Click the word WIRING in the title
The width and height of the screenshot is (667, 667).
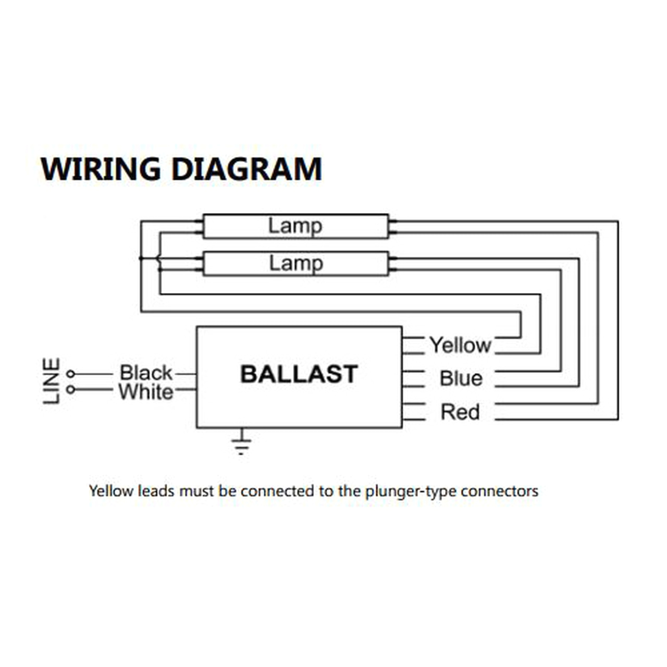point(101,169)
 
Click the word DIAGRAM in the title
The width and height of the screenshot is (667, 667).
point(246,169)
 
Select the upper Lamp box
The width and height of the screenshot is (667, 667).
point(295,226)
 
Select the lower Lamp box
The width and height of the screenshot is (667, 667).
point(295,264)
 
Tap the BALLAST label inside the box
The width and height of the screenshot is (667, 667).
point(299,374)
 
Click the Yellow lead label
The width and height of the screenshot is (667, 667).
point(460,345)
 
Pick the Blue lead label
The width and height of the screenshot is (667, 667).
point(461,379)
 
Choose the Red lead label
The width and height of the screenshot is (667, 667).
point(460,412)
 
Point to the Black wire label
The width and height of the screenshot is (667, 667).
point(145,373)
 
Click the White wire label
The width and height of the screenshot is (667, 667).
point(145,392)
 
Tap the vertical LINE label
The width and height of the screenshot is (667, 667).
point(51,381)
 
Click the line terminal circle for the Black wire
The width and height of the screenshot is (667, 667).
point(71,374)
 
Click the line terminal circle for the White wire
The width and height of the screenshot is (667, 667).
point(71,389)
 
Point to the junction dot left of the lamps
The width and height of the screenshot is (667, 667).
point(141,258)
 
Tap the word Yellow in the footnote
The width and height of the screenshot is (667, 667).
point(111,491)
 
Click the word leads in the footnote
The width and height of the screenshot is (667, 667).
point(156,491)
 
